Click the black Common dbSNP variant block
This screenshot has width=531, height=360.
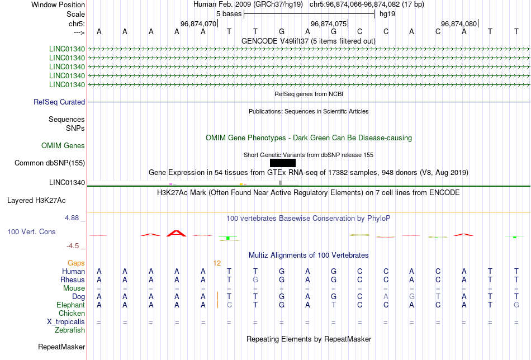point(283,163)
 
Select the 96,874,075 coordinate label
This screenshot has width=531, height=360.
point(329,23)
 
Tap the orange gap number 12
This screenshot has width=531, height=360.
point(217,263)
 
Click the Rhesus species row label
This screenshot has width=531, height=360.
point(73,280)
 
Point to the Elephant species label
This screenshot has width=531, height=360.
point(70,305)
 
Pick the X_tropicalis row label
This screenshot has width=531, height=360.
point(66,322)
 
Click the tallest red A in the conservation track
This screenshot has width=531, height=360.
point(177,233)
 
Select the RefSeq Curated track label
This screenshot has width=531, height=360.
point(59,102)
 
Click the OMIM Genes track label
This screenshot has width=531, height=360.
point(63,146)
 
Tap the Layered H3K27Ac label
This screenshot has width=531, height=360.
point(36,201)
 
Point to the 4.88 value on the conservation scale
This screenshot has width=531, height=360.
point(72,218)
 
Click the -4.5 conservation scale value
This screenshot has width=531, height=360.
point(73,246)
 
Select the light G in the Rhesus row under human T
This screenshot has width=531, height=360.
point(255,280)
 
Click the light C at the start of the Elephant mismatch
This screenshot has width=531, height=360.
point(229,305)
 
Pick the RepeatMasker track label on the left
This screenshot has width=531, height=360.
point(61,347)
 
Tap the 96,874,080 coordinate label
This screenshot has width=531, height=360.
point(459,23)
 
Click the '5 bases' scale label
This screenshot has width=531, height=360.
point(229,14)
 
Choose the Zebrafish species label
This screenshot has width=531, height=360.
point(70,330)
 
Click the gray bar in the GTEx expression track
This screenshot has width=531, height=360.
point(280,183)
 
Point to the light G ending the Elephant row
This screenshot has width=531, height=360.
point(516,305)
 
